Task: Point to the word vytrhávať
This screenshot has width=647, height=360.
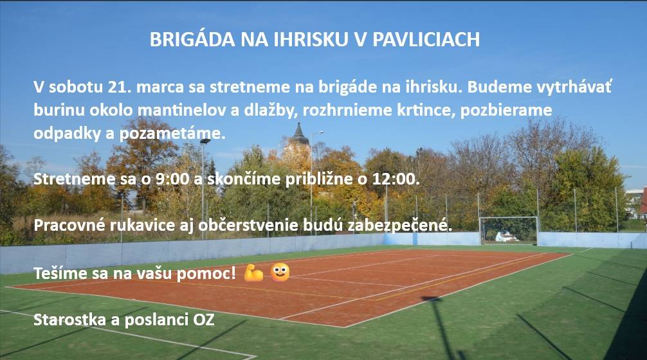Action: point(572,87)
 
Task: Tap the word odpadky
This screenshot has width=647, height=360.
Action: point(62,134)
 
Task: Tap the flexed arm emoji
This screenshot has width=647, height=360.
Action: point(253,273)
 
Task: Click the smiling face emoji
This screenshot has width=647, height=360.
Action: point(280,273)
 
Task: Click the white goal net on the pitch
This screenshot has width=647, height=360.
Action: point(508,230)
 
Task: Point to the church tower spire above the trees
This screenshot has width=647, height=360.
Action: point(298,135)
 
